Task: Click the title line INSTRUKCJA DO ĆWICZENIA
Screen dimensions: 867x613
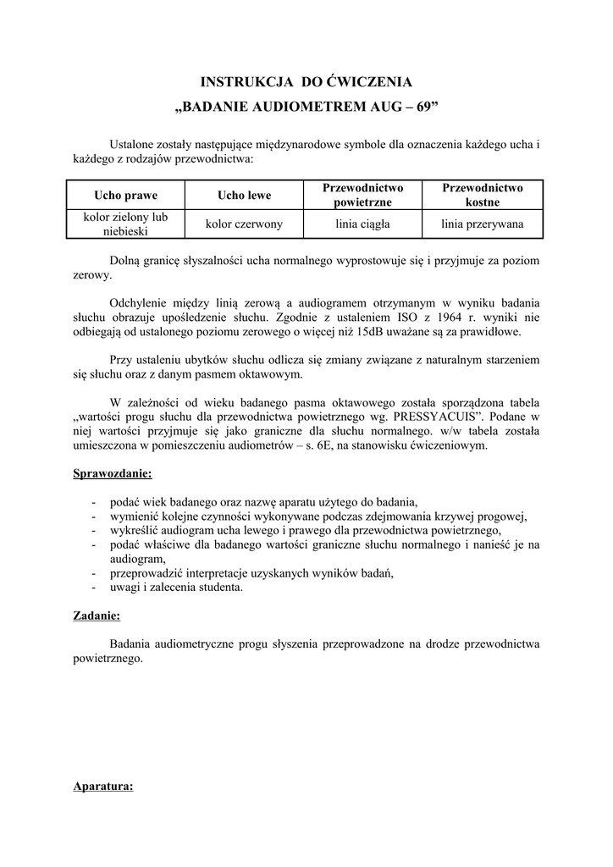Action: click(x=306, y=82)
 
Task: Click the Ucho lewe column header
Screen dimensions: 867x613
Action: click(x=244, y=196)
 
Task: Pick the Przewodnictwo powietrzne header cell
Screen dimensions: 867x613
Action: click(x=363, y=195)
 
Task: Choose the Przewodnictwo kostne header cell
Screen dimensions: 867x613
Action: click(x=483, y=195)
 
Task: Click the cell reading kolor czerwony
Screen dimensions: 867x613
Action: click(x=244, y=224)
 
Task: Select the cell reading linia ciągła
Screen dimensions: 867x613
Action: click(x=363, y=224)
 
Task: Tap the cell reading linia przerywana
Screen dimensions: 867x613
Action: click(x=483, y=224)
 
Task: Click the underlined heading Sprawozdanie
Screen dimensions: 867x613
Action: click(x=113, y=472)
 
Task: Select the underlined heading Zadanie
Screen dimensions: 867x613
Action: click(x=97, y=616)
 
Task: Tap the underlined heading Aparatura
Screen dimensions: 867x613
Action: click(x=103, y=787)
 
